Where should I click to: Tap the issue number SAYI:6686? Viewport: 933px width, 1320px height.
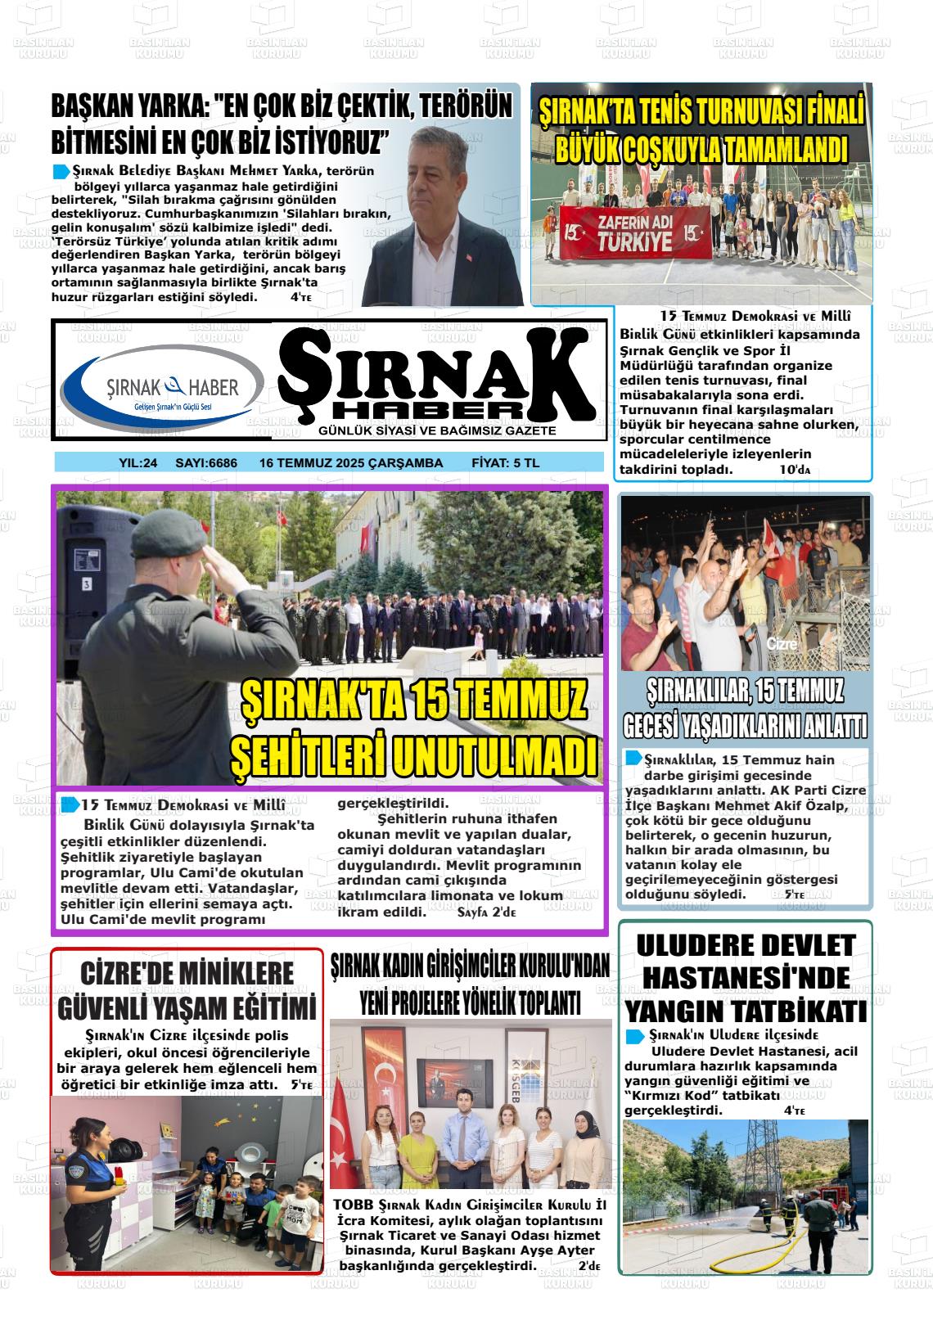pos(206,463)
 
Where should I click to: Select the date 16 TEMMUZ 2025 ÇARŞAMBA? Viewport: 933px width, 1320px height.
pos(351,463)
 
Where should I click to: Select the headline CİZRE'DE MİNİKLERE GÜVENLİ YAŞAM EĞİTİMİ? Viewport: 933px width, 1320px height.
pos(187,990)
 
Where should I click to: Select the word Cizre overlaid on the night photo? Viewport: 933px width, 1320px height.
pos(781,644)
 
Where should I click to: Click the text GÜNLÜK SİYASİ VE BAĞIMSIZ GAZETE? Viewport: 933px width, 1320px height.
pos(437,431)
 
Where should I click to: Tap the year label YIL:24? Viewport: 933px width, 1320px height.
pos(138,463)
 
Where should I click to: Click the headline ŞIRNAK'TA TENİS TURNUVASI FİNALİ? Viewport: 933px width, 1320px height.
pos(701,110)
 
